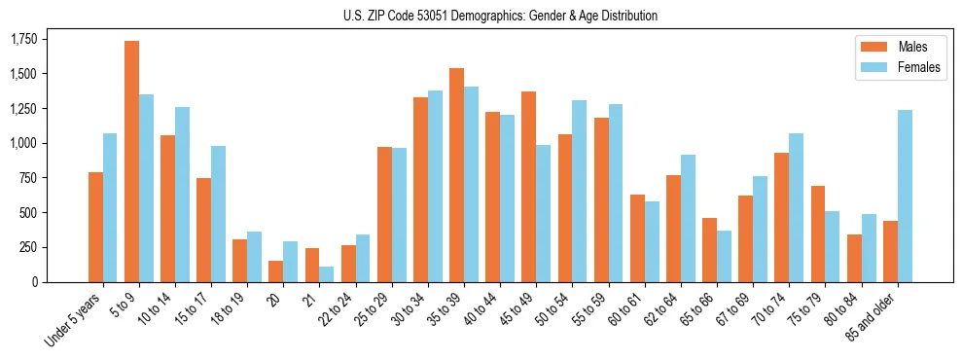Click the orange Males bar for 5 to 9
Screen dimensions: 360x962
pos(131,162)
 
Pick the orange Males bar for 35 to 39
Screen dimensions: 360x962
pos(456,175)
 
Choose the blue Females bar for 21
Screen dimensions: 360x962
pos(326,274)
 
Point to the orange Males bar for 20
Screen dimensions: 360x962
pos(275,271)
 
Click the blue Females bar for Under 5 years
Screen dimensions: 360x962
pos(110,207)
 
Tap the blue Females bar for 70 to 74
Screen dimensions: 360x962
pos(796,207)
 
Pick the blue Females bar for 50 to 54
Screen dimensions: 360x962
pos(579,191)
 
